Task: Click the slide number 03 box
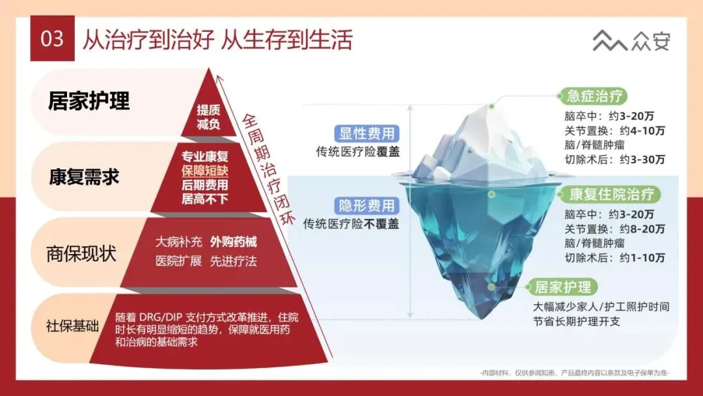click(x=52, y=38)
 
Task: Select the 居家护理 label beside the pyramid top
click(x=89, y=101)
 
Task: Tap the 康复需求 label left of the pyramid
click(x=84, y=177)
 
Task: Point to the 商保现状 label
click(x=82, y=253)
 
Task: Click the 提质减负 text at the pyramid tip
click(x=208, y=117)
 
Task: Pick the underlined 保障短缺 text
click(x=204, y=171)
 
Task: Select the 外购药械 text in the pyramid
click(x=233, y=242)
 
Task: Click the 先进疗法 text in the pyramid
click(x=233, y=261)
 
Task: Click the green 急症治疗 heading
click(x=594, y=96)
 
